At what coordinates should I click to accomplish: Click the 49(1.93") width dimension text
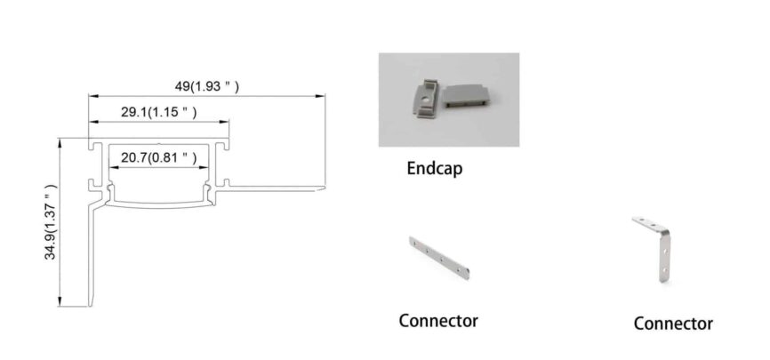[x=206, y=87]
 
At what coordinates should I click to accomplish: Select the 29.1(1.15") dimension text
[x=158, y=112]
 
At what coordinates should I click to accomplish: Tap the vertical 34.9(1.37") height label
[x=51, y=223]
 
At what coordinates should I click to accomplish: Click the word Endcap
[x=435, y=168]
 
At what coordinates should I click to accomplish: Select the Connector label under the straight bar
[x=438, y=320]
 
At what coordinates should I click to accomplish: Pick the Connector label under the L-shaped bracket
[x=673, y=323]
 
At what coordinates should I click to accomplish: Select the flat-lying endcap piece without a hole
[x=469, y=95]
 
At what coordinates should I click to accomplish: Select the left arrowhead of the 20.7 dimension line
[x=111, y=167]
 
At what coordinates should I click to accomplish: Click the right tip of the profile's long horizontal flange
[x=325, y=188]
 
